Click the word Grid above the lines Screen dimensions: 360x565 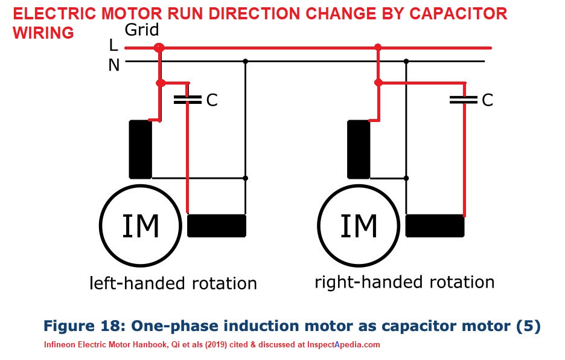(x=143, y=30)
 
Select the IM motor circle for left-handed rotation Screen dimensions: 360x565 (x=141, y=227)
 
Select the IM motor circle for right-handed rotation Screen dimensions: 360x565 (x=359, y=227)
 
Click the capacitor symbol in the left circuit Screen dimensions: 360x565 (x=188, y=100)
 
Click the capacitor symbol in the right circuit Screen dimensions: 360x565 (x=464, y=99)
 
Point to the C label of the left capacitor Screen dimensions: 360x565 (x=212, y=100)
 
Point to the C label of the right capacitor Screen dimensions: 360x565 (x=487, y=100)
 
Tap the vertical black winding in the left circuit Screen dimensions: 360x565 (x=140, y=149)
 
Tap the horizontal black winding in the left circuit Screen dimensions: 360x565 (x=217, y=225)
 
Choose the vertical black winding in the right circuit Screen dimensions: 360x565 (x=359, y=149)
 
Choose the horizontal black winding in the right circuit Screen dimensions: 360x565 (x=435, y=225)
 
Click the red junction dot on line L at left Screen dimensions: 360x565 (x=159, y=47)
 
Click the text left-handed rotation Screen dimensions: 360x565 (x=173, y=283)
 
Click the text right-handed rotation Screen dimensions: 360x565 (x=404, y=282)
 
